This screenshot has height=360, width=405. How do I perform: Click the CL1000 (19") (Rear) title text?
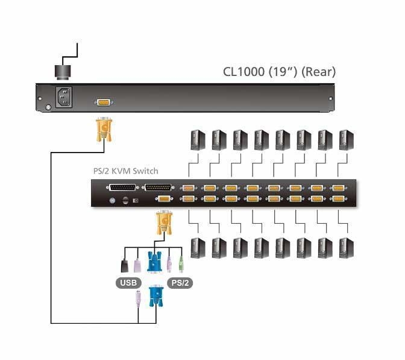pos(280,72)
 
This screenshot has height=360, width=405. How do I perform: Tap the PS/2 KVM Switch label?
pos(125,171)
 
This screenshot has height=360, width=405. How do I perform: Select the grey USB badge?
pos(129,282)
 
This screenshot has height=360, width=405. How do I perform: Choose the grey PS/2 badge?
pos(180,282)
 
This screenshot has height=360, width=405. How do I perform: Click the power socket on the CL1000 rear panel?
pos(64,97)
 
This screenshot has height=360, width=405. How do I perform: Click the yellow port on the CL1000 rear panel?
pos(103,103)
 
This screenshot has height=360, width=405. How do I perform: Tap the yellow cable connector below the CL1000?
pos(103,129)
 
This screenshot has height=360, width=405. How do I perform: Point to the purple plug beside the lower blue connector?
pos(139,299)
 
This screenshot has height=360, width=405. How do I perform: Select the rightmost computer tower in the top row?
pos(345,141)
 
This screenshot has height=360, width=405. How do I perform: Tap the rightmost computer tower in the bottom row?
pos(345,247)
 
